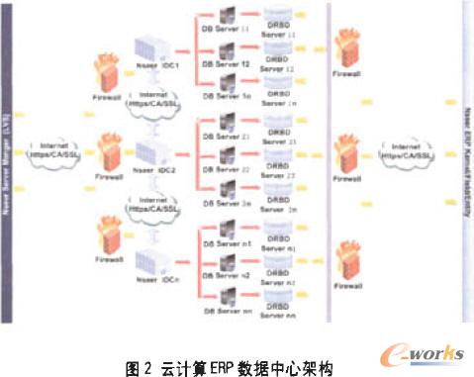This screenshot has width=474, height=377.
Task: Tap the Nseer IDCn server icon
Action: click(x=149, y=262)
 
